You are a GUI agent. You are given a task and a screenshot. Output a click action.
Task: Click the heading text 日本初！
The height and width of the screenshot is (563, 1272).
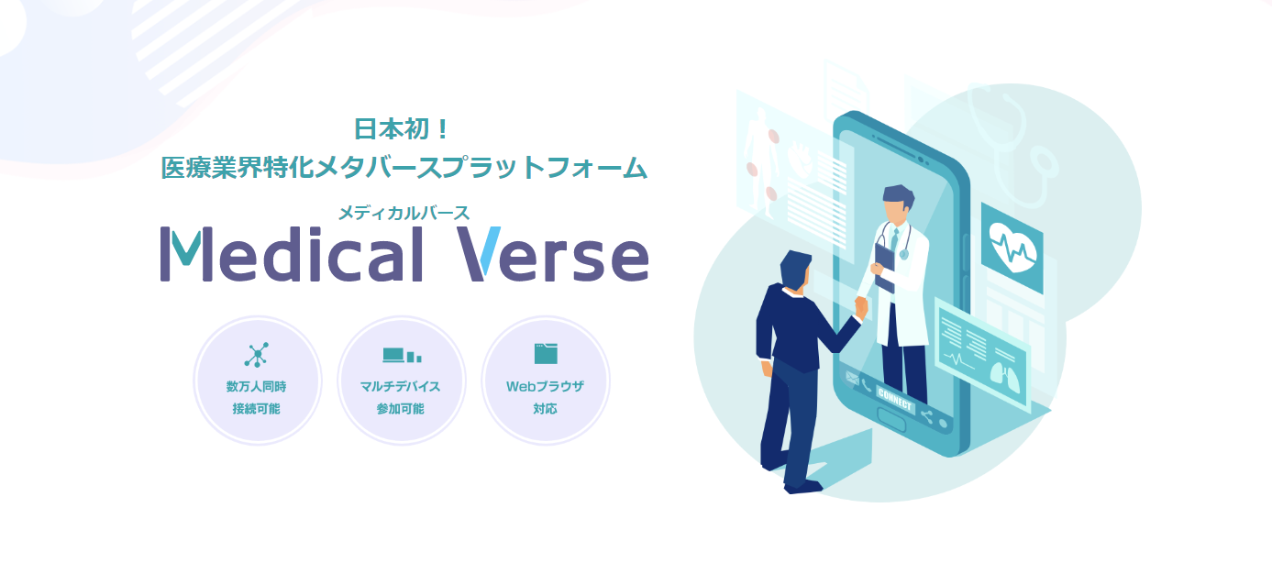[404, 129]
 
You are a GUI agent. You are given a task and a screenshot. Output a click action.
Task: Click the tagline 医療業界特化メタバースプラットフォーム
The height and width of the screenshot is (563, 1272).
[404, 168]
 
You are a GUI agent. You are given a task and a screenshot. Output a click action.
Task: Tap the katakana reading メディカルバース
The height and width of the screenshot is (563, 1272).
[404, 213]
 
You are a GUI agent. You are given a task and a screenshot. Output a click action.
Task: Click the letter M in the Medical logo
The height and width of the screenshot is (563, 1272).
[189, 254]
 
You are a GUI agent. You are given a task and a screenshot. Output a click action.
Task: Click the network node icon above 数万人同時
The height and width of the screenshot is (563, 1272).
[257, 354]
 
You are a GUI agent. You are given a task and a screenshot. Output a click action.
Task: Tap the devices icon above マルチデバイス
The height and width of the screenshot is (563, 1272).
[401, 355]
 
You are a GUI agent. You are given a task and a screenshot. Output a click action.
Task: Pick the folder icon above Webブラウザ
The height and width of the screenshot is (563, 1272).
[546, 353]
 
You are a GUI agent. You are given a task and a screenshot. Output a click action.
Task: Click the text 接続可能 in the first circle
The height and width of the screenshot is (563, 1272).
[257, 409]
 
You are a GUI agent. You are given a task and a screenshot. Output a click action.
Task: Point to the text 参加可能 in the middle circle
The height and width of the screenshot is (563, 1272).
[401, 409]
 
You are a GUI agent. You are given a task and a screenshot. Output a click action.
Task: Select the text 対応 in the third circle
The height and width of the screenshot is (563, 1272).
[546, 409]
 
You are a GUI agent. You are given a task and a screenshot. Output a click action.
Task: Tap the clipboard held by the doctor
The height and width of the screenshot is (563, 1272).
[884, 266]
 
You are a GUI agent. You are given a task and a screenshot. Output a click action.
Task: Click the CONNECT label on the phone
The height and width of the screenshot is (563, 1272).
[895, 398]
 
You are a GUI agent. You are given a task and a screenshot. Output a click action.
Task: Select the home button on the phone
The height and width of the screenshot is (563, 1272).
[891, 415]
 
